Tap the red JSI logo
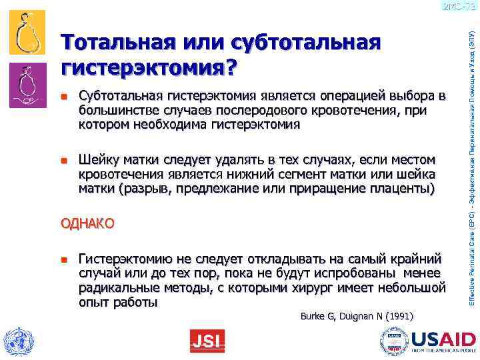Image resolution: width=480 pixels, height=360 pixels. (207, 341)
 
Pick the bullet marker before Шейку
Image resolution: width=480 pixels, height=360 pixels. (64, 161)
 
